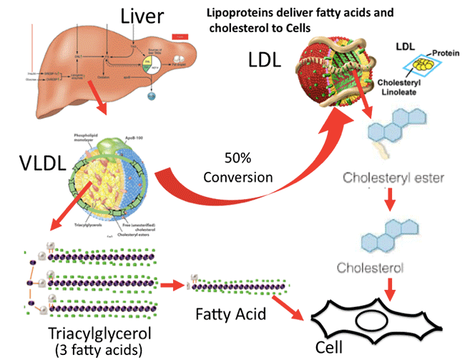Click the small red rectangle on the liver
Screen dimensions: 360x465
(x=180, y=35)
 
